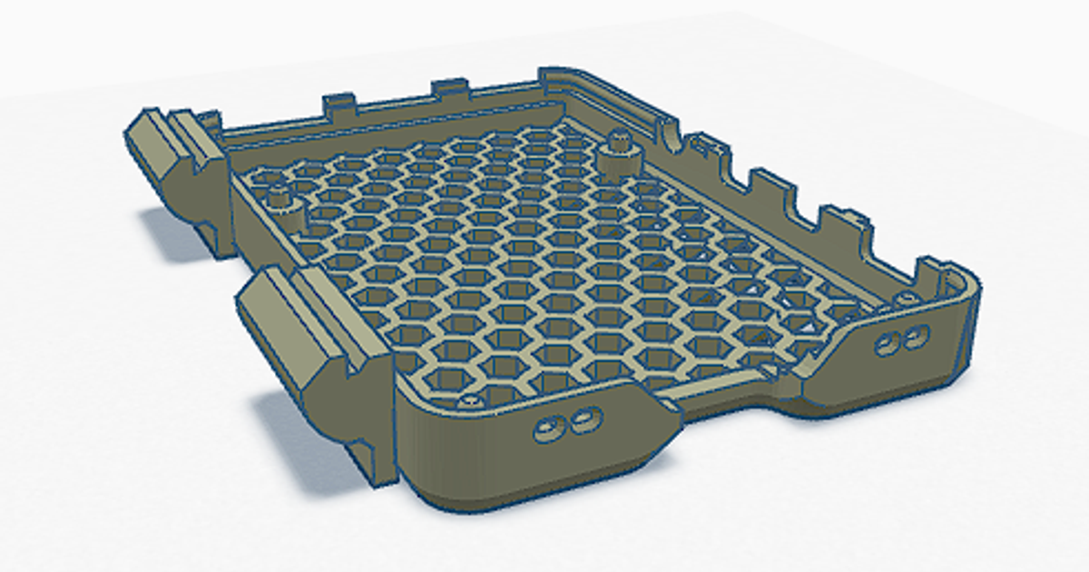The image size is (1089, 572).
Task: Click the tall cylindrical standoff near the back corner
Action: [x=620, y=153]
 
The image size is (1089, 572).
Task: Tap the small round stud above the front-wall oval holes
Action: [x=469, y=400]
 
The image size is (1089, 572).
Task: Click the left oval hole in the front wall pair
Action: [x=548, y=428]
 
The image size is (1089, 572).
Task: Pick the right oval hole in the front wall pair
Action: [x=584, y=419]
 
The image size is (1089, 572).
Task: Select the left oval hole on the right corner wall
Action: [x=885, y=344]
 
